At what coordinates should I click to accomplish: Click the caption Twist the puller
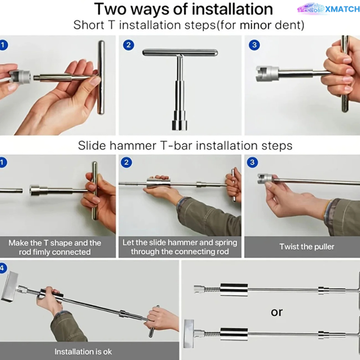pos(307,247)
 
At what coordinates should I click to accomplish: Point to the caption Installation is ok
pos(83,351)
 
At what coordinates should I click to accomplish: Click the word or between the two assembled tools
pos(276,312)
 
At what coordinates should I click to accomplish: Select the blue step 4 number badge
pos(3,268)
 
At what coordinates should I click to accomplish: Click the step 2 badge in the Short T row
pos(129,45)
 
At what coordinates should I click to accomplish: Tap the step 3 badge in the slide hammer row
pos(252,162)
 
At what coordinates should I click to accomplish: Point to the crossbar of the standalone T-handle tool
pos(180,53)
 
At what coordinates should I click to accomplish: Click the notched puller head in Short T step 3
pos(266,73)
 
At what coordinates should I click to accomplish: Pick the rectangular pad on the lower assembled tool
pos(189,333)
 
